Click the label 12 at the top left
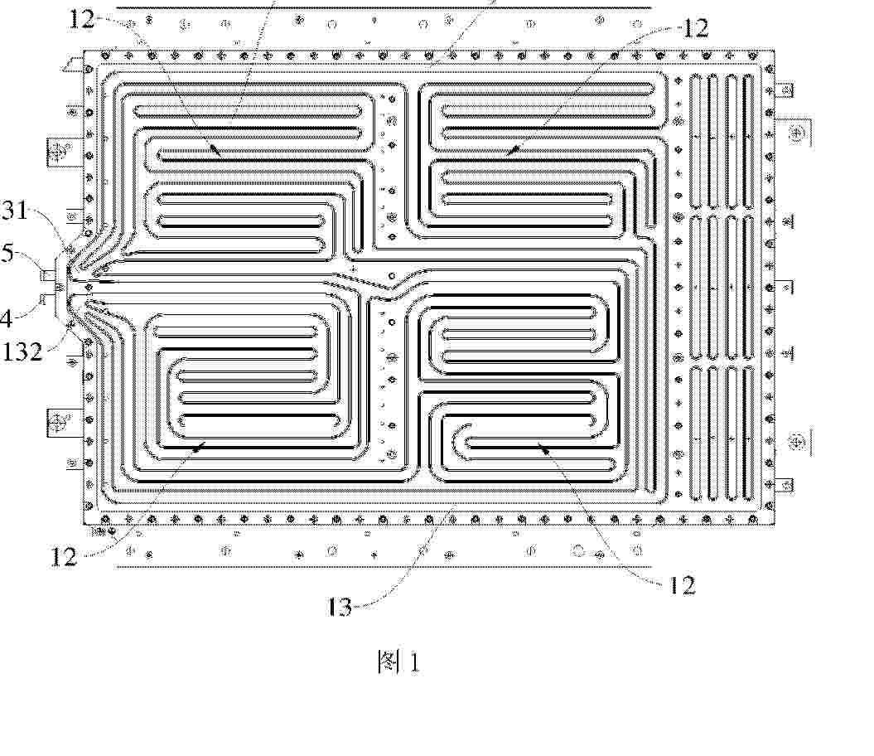(x=81, y=19)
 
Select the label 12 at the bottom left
(x=64, y=556)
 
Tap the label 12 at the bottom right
(x=682, y=584)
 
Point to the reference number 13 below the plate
(x=340, y=607)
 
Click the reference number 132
(x=22, y=351)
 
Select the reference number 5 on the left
(x=7, y=253)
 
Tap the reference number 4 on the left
(x=6, y=318)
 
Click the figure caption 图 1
(x=398, y=661)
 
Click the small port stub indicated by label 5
(x=49, y=274)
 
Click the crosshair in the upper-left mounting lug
(x=58, y=151)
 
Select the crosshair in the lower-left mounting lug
(x=58, y=421)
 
